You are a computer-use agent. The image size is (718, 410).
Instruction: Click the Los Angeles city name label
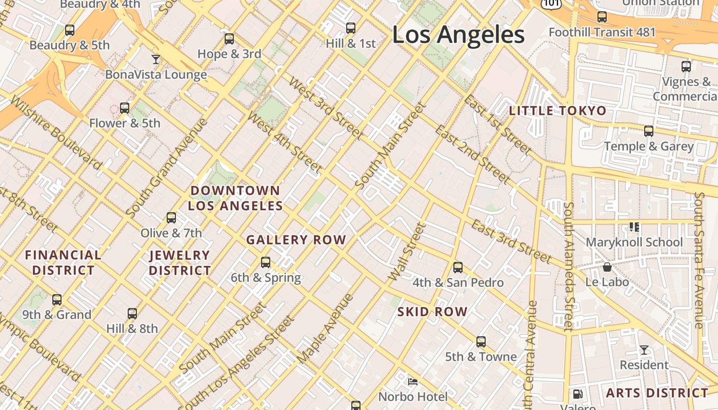click(x=458, y=35)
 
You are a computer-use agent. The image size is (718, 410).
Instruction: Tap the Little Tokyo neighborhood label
click(x=557, y=111)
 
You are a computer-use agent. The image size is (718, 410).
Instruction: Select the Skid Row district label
click(x=432, y=312)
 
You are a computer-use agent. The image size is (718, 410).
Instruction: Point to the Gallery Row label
click(x=296, y=240)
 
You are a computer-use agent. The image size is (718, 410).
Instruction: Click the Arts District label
click(x=657, y=393)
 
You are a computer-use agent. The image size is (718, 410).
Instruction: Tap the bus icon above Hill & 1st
click(x=351, y=28)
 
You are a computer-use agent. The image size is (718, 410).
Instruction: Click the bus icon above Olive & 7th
click(x=171, y=218)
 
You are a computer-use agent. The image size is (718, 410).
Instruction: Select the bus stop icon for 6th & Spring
click(x=266, y=262)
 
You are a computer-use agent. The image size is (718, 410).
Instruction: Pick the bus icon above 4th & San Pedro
click(x=458, y=268)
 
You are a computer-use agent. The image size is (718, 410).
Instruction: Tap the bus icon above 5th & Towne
click(x=481, y=342)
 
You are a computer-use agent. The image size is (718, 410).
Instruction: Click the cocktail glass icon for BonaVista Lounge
click(x=156, y=59)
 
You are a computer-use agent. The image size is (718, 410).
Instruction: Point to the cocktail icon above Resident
click(x=644, y=350)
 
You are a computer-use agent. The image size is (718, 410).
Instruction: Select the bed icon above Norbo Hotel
click(x=413, y=381)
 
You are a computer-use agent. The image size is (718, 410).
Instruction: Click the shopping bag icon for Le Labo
click(x=607, y=267)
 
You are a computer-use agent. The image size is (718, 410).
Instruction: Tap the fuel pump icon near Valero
click(x=578, y=394)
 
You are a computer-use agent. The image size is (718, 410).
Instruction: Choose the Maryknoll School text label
click(x=634, y=242)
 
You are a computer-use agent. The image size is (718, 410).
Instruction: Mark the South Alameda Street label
click(x=568, y=266)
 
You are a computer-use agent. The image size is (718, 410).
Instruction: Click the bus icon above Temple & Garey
click(x=649, y=131)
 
